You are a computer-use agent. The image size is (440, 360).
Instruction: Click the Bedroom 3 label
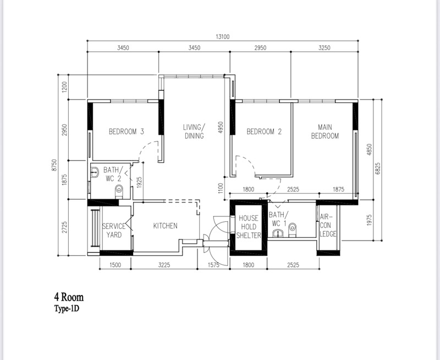click(127, 132)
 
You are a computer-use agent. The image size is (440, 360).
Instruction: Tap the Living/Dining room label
click(194, 132)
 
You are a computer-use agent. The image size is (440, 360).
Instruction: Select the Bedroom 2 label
click(264, 132)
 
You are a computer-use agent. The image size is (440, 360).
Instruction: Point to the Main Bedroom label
click(325, 132)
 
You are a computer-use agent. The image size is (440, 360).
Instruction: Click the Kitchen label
click(166, 226)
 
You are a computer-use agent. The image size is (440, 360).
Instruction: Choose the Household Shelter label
click(249, 227)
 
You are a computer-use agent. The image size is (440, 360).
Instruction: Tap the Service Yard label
click(114, 231)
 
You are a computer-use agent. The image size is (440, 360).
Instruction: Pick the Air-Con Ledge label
click(327, 226)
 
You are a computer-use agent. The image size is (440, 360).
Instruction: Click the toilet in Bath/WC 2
click(119, 192)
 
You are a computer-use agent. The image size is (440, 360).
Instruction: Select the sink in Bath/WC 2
click(95, 172)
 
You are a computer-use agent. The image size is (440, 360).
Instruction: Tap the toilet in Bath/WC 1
click(293, 230)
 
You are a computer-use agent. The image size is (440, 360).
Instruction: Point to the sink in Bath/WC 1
click(278, 233)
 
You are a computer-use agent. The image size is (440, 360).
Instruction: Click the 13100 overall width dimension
click(223, 37)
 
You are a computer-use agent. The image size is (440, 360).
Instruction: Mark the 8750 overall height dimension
click(54, 165)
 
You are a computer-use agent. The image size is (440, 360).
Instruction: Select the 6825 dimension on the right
click(377, 168)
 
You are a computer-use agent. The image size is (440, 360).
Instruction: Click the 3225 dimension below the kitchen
click(164, 265)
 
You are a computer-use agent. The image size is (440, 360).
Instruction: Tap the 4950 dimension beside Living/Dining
click(221, 127)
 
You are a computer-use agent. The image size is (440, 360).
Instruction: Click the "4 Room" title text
click(69, 297)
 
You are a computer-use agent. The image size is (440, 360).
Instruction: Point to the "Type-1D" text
click(67, 309)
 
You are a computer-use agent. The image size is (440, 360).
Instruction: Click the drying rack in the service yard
click(95, 228)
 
